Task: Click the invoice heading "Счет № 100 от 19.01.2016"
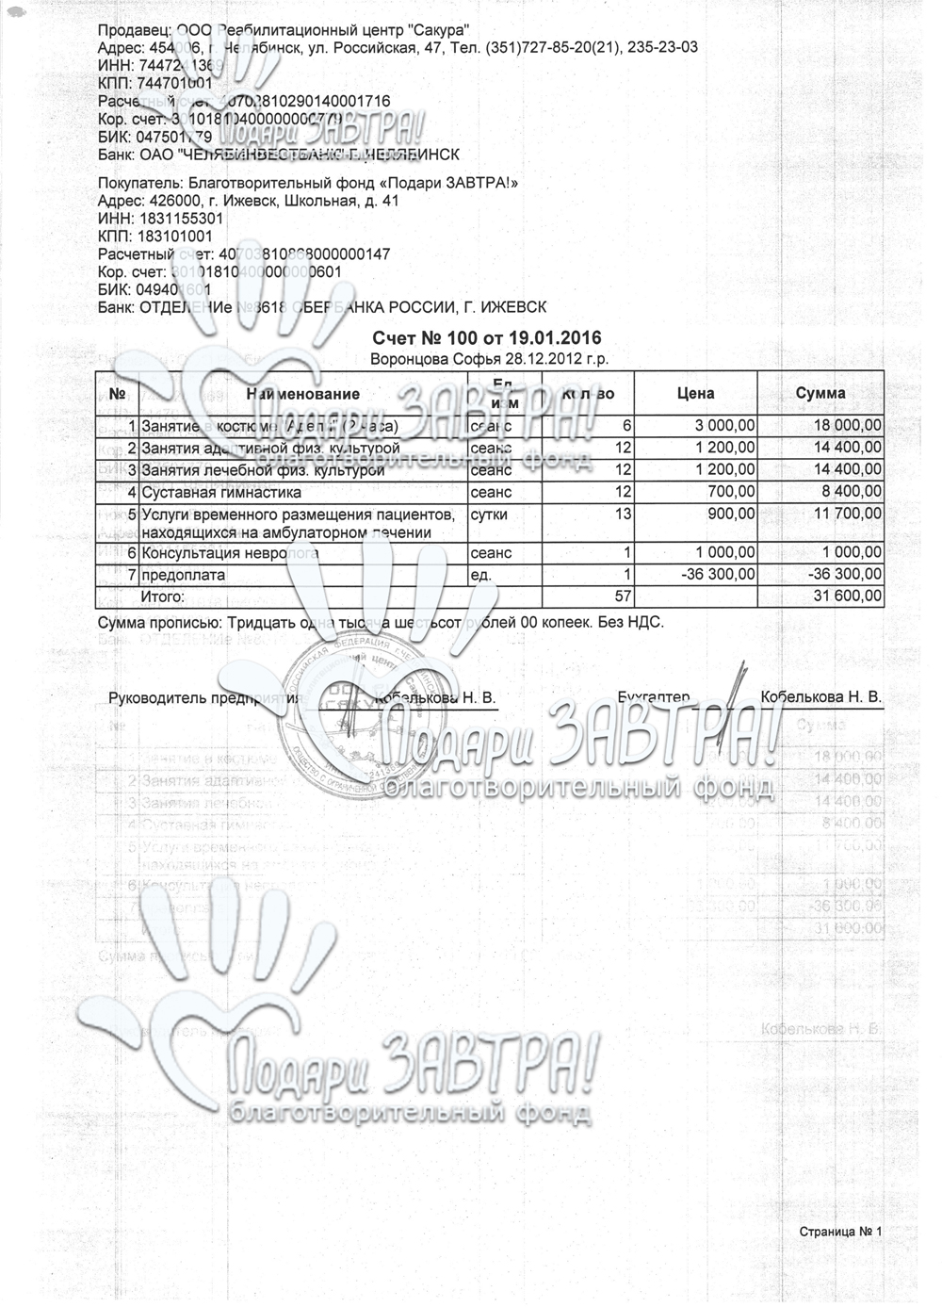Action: pos(486,338)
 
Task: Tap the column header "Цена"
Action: pos(696,393)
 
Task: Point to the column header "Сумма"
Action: pos(820,393)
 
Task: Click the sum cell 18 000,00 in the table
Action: pos(847,426)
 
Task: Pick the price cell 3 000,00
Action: pos(723,426)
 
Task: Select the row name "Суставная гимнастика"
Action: pos(220,492)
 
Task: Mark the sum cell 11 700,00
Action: pos(847,515)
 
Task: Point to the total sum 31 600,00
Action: pos(847,596)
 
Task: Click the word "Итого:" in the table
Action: pos(163,596)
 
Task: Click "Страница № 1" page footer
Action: pos(839,1232)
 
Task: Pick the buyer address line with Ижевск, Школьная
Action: pos(249,202)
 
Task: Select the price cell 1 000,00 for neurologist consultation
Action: pos(723,553)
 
